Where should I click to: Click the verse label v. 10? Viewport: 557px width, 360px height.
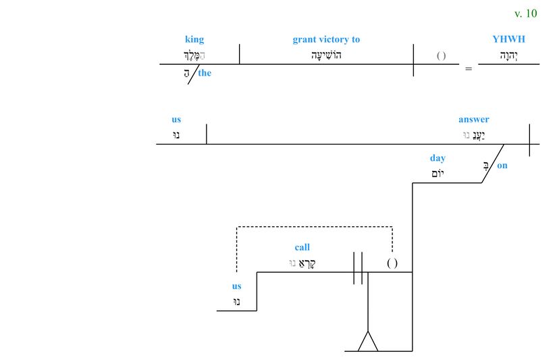[x=525, y=14]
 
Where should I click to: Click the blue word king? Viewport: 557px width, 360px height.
[x=194, y=39]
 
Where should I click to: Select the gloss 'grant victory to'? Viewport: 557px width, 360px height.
[x=326, y=39]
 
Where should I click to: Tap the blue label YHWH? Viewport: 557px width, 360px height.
[x=508, y=39]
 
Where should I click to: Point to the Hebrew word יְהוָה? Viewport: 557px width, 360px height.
[x=508, y=55]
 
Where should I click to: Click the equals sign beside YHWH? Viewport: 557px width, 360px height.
[x=469, y=69]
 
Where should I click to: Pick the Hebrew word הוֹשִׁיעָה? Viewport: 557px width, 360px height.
[x=326, y=55]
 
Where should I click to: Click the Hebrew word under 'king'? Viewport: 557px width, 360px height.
[x=194, y=55]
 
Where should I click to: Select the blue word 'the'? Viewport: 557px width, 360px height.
[x=205, y=73]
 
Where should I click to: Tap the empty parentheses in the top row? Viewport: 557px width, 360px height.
[x=441, y=55]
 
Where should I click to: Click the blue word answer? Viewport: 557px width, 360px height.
[x=474, y=120]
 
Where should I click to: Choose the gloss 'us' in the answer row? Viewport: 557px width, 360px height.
[x=176, y=120]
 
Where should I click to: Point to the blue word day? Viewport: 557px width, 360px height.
[x=437, y=158]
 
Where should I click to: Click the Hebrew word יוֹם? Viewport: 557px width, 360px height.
[x=437, y=174]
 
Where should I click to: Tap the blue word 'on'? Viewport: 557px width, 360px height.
[x=502, y=165]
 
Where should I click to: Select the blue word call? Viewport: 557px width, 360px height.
[x=302, y=247]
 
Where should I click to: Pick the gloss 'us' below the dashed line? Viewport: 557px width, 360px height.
[x=236, y=286]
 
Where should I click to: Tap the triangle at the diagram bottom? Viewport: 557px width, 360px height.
[x=368, y=343]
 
